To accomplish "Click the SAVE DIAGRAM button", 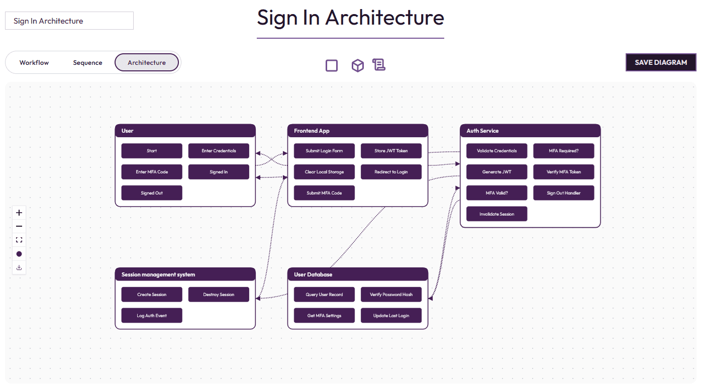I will coord(661,62).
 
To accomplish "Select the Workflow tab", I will coord(34,63).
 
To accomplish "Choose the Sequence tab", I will coord(87,63).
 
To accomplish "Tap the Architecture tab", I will coord(147,63).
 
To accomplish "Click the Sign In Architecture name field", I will coord(69,21).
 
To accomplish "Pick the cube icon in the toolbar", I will coord(357,65).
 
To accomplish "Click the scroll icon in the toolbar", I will coord(378,65).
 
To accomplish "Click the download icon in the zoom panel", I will coord(19,267).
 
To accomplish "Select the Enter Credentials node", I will coord(219,151).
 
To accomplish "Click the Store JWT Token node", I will coord(391,151).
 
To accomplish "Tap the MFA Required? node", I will coord(563,151).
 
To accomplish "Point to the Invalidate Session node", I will coord(496,214).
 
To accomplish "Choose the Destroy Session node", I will coord(219,295).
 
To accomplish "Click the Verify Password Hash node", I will coord(391,295).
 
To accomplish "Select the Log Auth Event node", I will coord(152,316).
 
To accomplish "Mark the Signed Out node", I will coord(152,193).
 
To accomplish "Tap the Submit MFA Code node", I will coord(324,193).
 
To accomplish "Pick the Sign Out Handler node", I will coord(563,193).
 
